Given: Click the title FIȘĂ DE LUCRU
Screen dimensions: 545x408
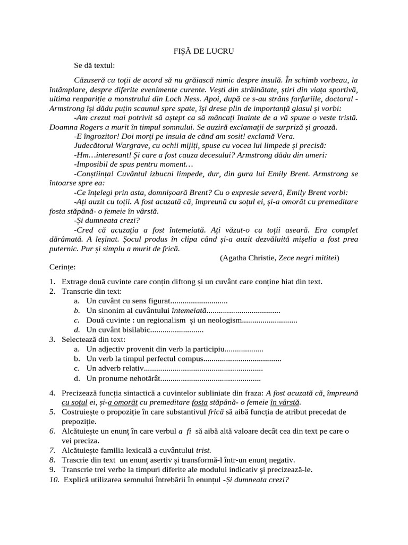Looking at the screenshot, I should point(204,51).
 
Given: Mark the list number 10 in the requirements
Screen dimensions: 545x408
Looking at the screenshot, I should point(53,479).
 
